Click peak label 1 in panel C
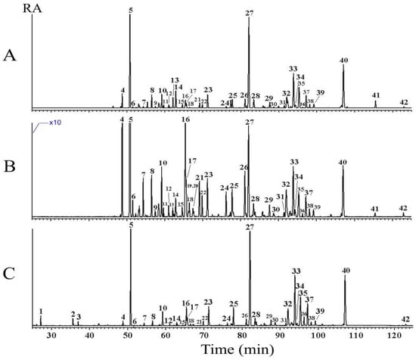41,311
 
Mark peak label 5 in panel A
130,11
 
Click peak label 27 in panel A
250,13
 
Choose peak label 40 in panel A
344,60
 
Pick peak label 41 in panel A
375,95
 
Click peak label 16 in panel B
185,120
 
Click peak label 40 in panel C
346,270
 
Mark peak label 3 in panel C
79,317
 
